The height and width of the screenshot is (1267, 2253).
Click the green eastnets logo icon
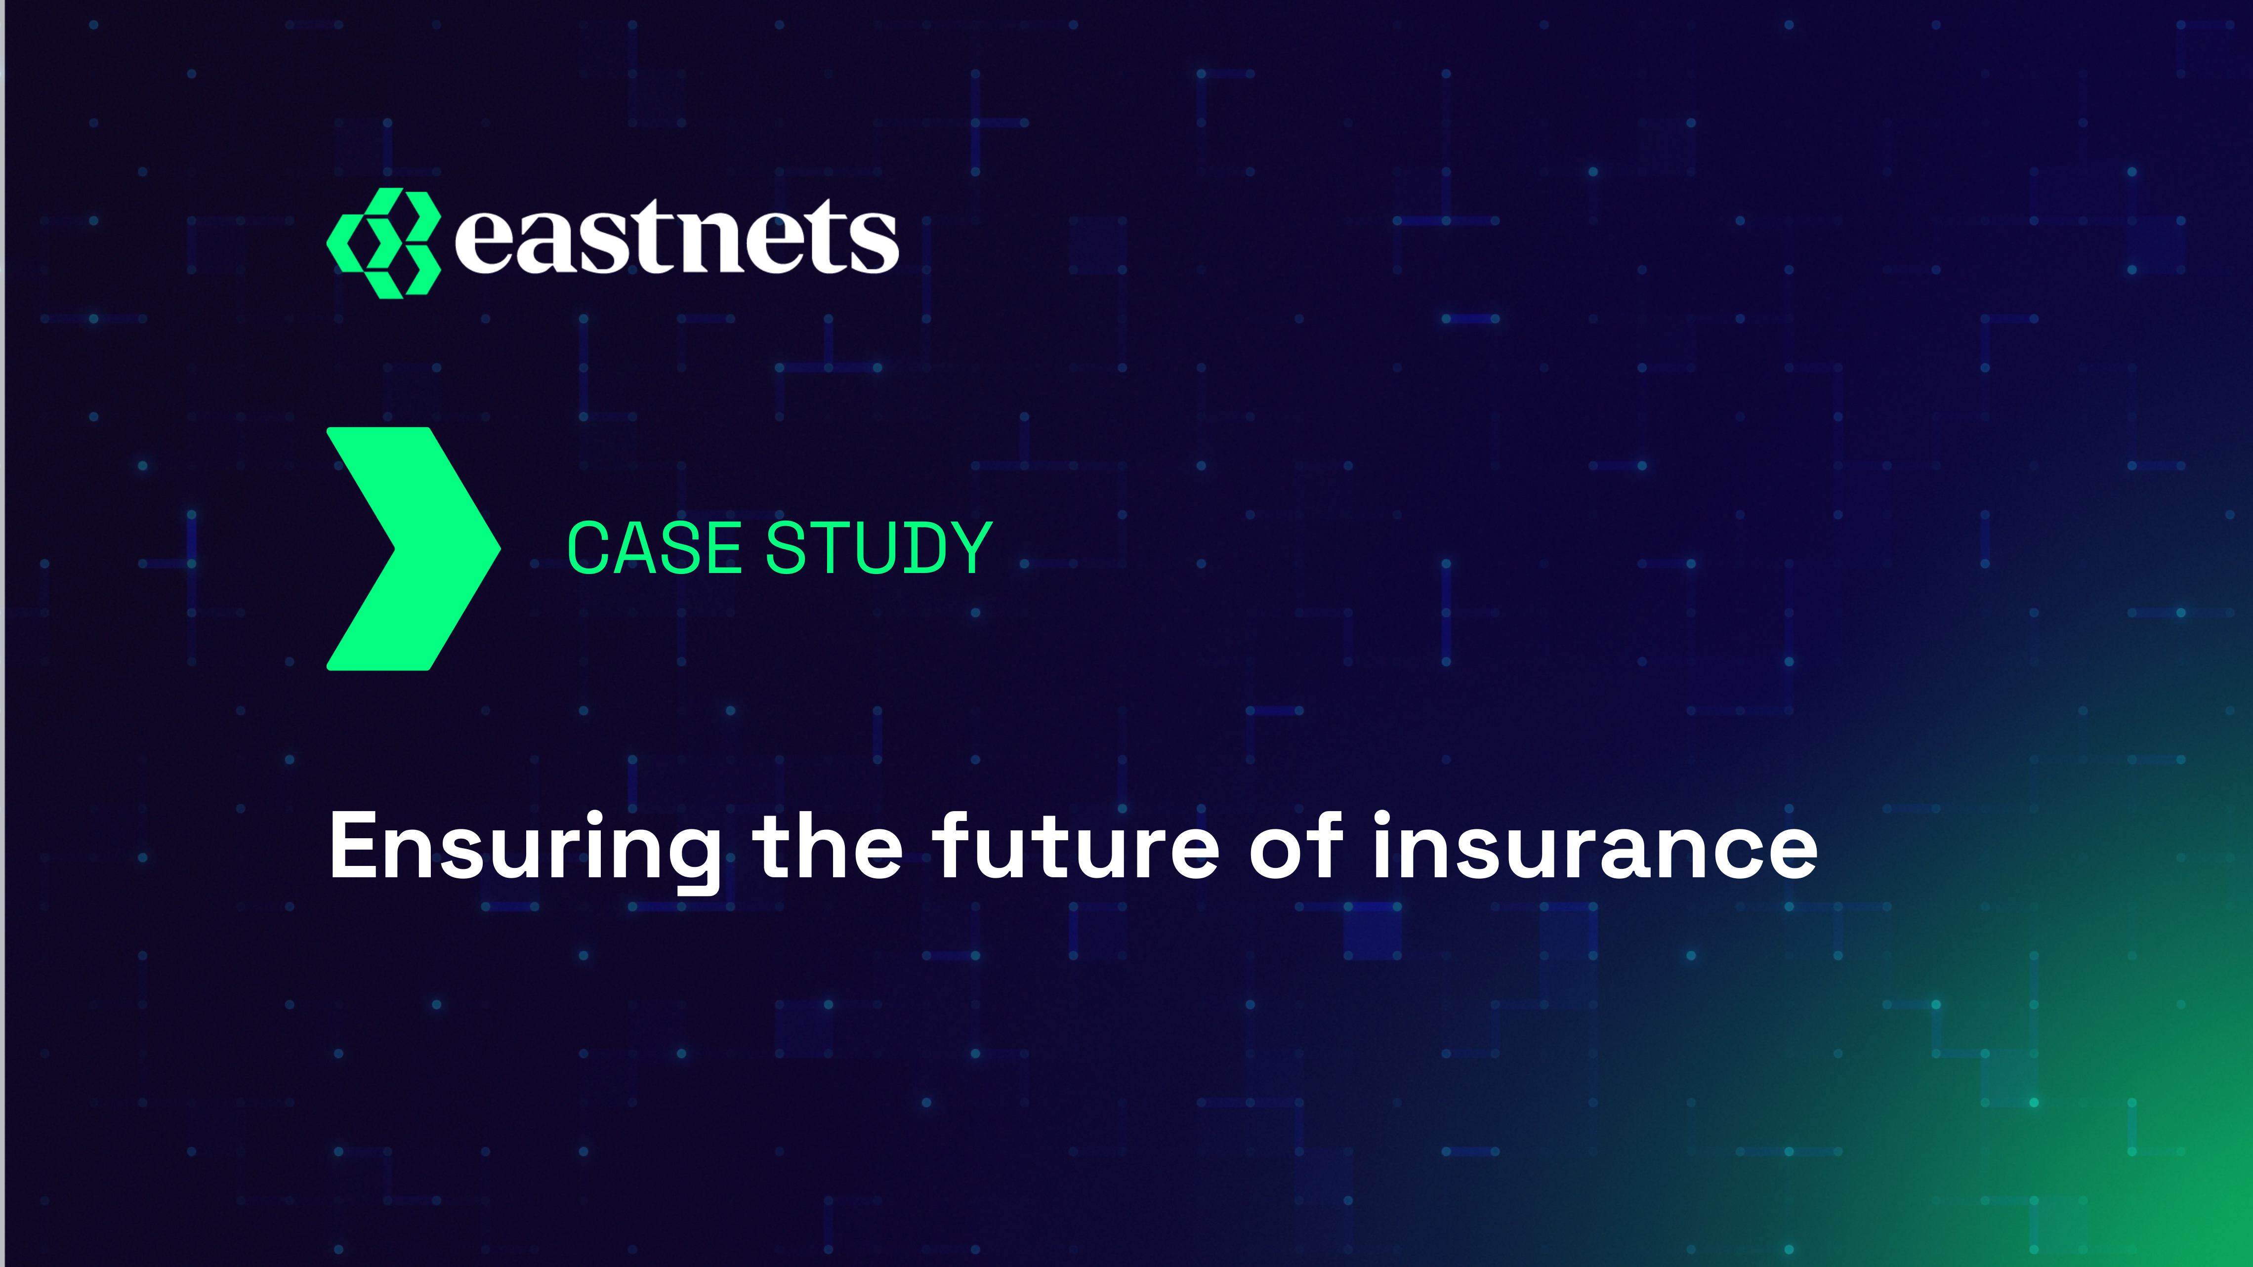[x=383, y=243]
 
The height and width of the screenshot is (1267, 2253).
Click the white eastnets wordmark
[x=676, y=236]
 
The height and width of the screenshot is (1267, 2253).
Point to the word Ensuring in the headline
[x=525, y=848]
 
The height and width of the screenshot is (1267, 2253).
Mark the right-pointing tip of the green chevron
[x=501, y=549]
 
